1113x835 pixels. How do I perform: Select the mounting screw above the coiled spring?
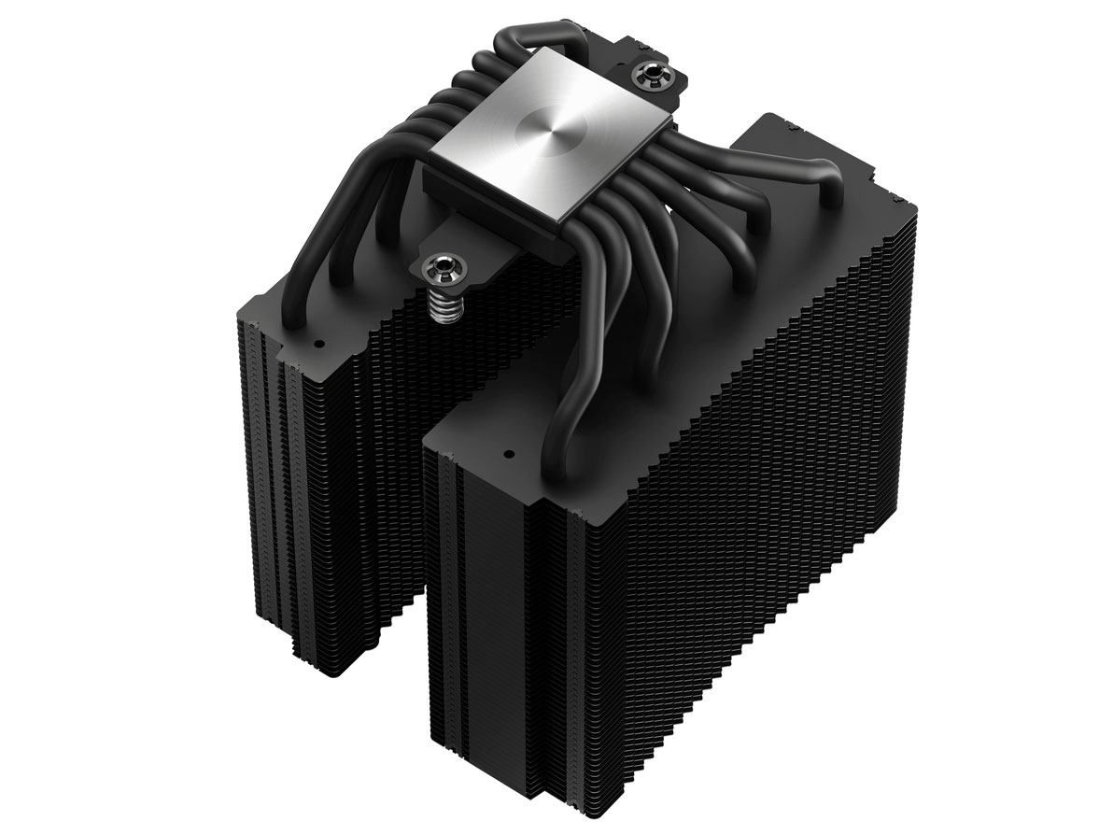(x=440, y=262)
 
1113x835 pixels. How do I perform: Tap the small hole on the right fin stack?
(x=510, y=457)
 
